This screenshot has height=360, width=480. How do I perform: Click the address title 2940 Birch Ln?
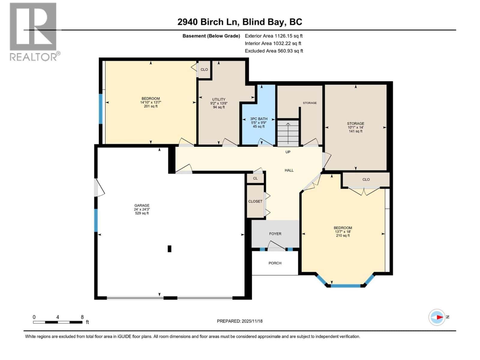click(239, 22)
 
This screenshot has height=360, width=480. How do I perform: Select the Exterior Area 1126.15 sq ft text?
click(274, 36)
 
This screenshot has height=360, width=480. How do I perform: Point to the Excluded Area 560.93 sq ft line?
click(274, 51)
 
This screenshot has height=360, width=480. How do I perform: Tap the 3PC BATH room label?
click(259, 122)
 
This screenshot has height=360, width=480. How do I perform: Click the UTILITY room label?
click(219, 103)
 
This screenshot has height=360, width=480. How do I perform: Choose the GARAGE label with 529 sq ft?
click(142, 209)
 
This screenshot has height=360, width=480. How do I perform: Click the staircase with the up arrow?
click(288, 133)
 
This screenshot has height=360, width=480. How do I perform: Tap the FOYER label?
click(275, 234)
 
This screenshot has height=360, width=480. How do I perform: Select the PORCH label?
click(275, 263)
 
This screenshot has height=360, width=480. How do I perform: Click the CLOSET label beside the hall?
click(255, 201)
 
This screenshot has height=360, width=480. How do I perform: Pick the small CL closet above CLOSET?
click(255, 178)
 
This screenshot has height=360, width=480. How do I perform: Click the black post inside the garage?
click(169, 249)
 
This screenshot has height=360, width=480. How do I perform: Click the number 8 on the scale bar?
click(82, 317)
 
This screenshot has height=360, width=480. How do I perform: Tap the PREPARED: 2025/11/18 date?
click(240, 321)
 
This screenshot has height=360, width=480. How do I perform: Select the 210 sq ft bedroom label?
click(343, 232)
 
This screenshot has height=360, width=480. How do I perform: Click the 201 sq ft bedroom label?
click(151, 102)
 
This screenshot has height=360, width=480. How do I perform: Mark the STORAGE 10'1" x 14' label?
click(355, 127)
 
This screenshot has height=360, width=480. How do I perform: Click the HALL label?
click(289, 170)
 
